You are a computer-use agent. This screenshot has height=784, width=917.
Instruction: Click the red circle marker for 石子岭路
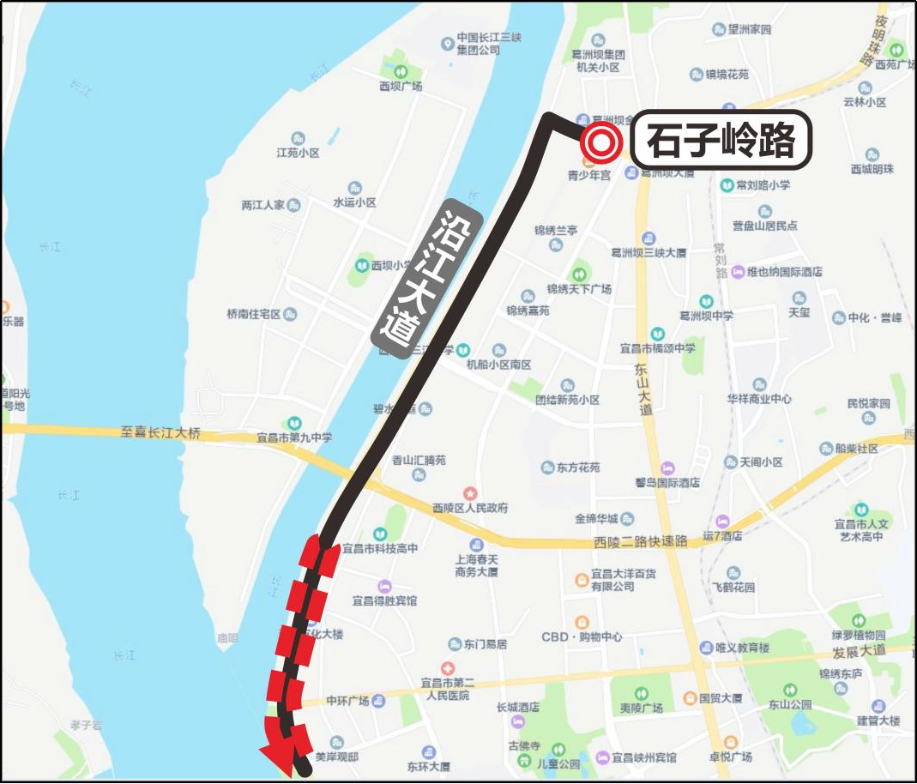(600, 143)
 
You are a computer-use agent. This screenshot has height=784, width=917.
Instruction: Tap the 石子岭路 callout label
(721, 140)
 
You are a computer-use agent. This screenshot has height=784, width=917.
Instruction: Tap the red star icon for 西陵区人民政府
(470, 493)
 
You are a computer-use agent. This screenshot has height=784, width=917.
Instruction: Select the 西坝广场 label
(401, 86)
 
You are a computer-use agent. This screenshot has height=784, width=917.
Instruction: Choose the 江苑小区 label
(298, 153)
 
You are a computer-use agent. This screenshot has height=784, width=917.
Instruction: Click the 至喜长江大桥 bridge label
(160, 433)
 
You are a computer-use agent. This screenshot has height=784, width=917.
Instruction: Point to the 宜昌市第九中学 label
(294, 437)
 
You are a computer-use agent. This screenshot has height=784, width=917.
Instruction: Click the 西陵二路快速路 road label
(641, 541)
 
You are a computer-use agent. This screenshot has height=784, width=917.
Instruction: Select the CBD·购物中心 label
(582, 637)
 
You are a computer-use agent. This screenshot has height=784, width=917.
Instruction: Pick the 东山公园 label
(790, 705)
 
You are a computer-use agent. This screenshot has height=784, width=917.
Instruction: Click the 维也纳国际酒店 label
(784, 272)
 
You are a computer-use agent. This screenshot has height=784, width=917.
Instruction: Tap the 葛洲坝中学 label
(706, 316)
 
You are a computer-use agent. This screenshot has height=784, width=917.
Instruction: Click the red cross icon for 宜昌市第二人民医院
(447, 668)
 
